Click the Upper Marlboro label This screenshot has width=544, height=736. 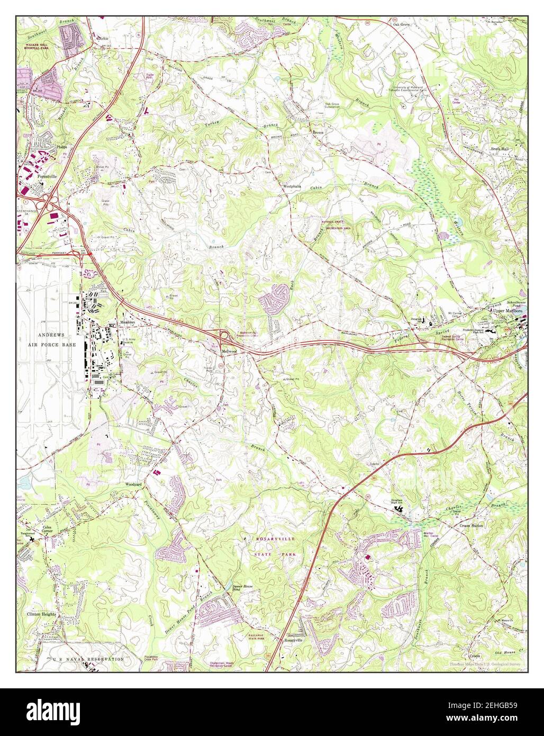(x=507, y=311)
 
